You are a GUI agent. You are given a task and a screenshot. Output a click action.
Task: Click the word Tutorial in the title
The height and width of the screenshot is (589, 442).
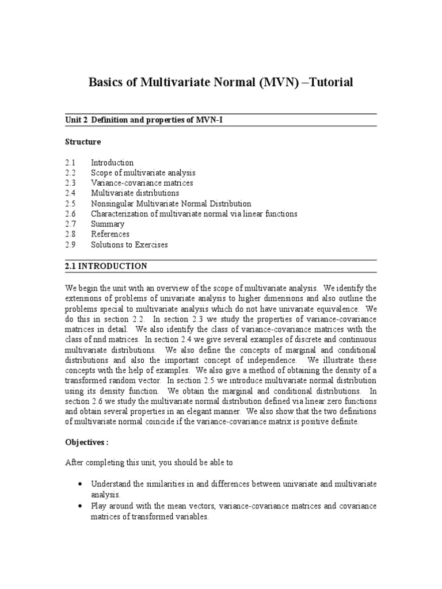[x=327, y=83]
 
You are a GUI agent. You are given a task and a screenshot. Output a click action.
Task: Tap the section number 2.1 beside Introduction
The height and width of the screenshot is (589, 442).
[x=71, y=162]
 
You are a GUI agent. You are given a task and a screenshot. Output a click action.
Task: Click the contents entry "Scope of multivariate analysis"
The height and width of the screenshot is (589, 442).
[x=143, y=173]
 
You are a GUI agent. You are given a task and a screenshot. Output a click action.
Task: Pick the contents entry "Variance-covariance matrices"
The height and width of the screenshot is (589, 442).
[x=142, y=183]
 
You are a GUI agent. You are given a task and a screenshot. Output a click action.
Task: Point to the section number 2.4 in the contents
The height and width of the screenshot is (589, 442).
[x=71, y=193]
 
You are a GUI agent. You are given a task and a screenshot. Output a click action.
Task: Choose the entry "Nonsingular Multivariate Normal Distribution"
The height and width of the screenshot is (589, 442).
[x=171, y=204]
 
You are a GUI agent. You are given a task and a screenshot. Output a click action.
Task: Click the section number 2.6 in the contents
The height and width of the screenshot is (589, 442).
[x=71, y=214]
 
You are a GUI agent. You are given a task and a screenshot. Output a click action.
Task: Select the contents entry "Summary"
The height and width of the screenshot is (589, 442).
[x=108, y=224]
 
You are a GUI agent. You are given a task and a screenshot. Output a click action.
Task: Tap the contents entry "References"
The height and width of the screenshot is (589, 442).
[x=110, y=234]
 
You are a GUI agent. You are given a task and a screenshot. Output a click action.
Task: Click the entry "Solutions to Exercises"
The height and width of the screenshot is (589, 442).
[x=129, y=244]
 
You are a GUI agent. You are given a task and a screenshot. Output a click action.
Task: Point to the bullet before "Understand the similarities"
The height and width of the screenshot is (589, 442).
[x=78, y=484]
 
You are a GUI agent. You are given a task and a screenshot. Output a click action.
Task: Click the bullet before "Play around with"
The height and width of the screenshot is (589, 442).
[x=78, y=506]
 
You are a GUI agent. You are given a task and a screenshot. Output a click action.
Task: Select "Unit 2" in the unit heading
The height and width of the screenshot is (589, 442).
[x=76, y=120]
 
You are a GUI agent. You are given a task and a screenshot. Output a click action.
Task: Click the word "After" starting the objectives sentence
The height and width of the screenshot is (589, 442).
[x=74, y=462]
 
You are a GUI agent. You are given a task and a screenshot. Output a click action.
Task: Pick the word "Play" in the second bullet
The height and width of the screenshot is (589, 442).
[x=98, y=506]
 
